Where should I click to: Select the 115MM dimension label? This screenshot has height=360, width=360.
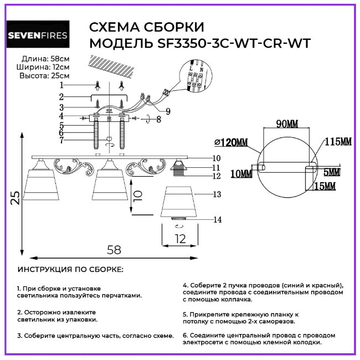[338, 142]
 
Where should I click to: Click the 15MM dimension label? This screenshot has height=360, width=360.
[325, 187]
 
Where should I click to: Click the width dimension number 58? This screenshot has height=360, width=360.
[114, 250]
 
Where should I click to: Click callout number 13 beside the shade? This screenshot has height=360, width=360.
[217, 194]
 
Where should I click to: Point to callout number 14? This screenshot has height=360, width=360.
[217, 220]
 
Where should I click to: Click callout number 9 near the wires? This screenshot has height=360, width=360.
[167, 111]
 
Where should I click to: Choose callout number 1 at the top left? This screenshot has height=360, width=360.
[62, 85]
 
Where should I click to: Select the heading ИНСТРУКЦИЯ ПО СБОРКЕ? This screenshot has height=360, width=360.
[70, 270]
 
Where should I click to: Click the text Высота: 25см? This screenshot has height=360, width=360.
[44, 75]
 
